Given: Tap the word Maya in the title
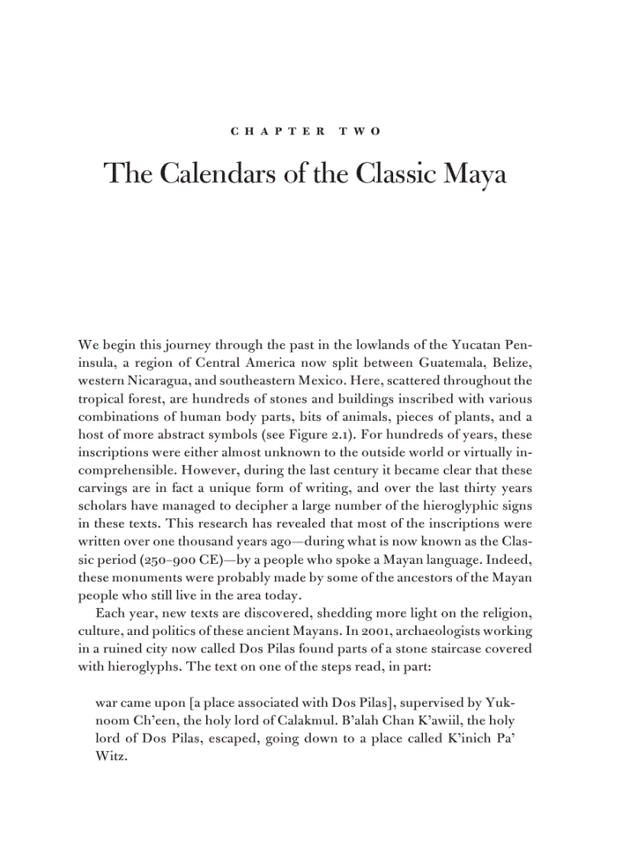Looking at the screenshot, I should [473, 174].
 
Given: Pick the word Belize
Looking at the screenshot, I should [511, 362].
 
